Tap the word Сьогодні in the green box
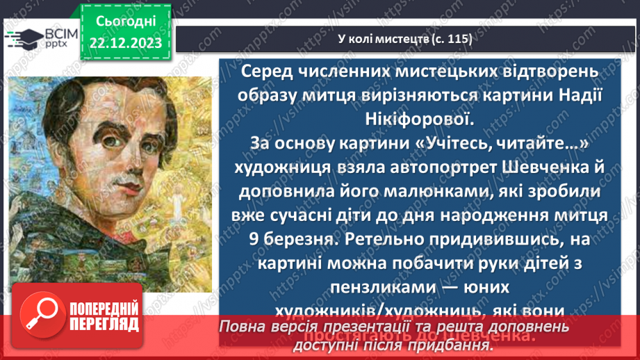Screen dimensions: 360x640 coord(126,21)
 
